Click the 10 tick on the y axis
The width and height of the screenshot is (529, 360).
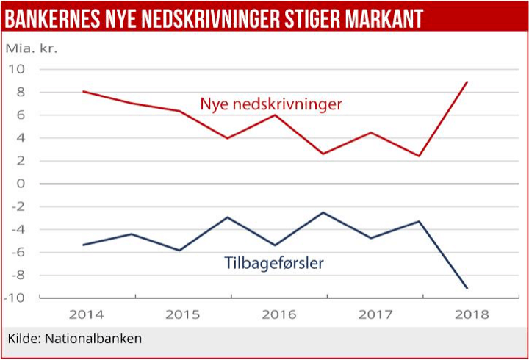pos(16,69)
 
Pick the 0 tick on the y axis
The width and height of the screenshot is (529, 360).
pos(21,184)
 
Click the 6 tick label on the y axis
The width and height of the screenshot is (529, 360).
pos(21,115)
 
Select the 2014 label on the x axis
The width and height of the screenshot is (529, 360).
pos(87,315)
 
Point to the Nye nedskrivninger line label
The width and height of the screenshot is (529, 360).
pos(271,105)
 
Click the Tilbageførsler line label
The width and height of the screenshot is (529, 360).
pos(273,262)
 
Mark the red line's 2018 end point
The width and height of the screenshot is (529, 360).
pos(467,82)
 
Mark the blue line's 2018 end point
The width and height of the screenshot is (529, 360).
pos(467,288)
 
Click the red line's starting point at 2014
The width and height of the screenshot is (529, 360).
pos(84,92)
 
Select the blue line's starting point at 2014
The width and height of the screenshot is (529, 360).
pos(84,245)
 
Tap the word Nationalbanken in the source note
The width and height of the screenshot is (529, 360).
pos(93,339)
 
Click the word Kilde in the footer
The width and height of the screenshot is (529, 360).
pos(24,339)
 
